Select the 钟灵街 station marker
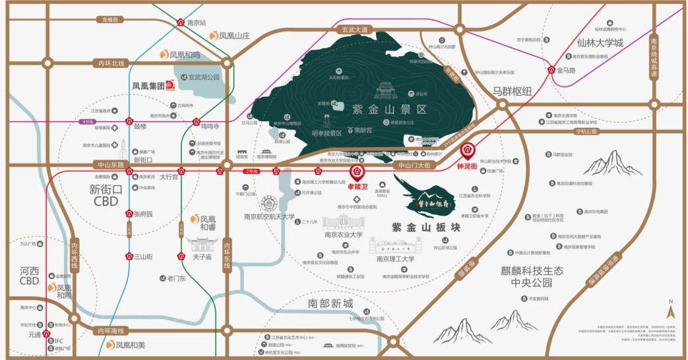[x=468, y=151]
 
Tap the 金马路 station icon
[x=551, y=70]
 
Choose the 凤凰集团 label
[x=148, y=85]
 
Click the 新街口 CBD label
[x=106, y=195]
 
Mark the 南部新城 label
[x=330, y=304]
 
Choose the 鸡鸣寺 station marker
[x=197, y=122]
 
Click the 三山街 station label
[x=143, y=256]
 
